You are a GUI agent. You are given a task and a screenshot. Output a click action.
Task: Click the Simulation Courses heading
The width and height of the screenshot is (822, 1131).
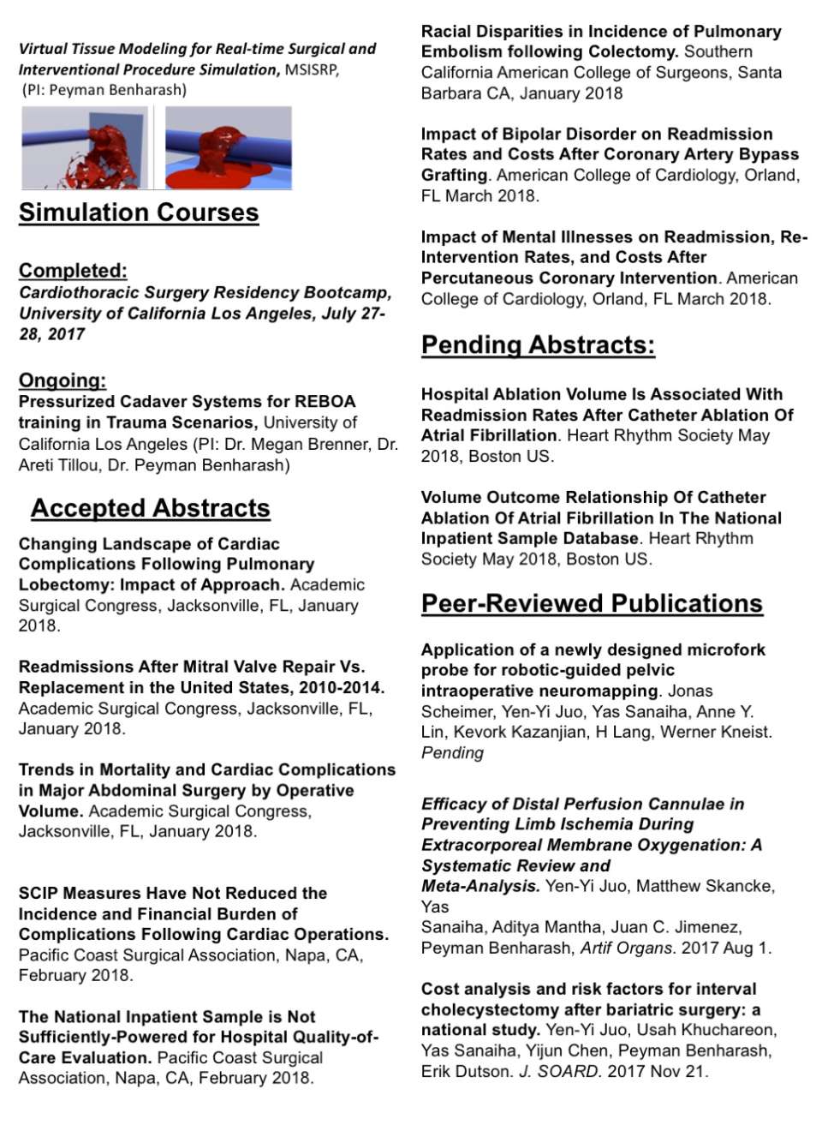coord(139,212)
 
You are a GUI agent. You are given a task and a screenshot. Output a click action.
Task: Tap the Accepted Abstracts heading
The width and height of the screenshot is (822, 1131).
coord(151,508)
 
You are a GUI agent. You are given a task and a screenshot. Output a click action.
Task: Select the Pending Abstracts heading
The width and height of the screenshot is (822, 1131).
coord(538,345)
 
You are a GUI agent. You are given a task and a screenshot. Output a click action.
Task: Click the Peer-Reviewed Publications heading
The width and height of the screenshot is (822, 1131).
coord(592,603)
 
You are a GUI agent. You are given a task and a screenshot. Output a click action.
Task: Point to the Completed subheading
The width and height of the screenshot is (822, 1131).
coord(73,271)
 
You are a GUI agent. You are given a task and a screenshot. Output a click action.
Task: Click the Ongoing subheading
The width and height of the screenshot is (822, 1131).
coord(63,380)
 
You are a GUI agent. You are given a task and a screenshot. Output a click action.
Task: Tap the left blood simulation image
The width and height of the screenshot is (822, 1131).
coord(85,147)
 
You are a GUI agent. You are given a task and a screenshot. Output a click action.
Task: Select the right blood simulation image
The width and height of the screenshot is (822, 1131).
coord(228,147)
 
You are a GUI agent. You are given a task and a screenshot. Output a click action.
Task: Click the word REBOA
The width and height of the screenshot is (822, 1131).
coord(325,402)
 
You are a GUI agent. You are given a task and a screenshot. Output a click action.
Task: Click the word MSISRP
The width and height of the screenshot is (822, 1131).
coord(312,70)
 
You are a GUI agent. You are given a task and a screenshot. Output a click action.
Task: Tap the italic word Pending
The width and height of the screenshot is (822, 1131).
coord(452,753)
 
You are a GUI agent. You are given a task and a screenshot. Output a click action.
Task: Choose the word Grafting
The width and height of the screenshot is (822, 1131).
coord(454,176)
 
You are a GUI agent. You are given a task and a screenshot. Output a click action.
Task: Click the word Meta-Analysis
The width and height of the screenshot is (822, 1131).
coord(480,886)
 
